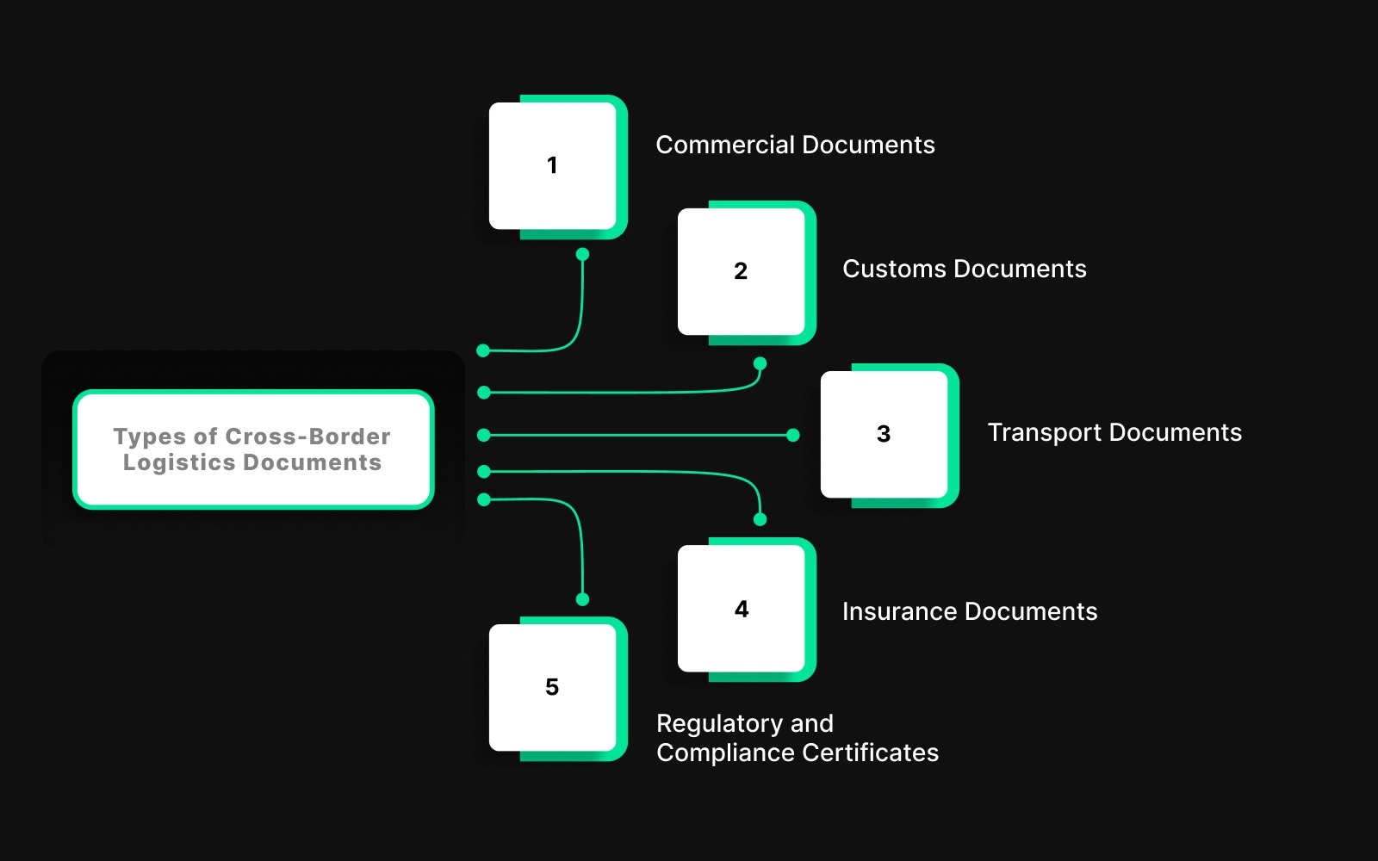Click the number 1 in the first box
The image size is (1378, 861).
(x=552, y=165)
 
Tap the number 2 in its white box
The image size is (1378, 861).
(x=741, y=271)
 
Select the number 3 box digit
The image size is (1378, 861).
(x=884, y=434)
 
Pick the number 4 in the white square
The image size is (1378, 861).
(x=742, y=610)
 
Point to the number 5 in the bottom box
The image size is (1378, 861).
(x=552, y=687)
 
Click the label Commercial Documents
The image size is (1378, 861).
(x=795, y=145)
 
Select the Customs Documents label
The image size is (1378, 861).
(x=964, y=269)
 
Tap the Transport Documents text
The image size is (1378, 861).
(x=1114, y=432)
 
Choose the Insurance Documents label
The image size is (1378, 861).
(x=970, y=611)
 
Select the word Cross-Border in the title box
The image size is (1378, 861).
(x=308, y=437)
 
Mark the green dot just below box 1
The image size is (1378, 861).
(x=582, y=254)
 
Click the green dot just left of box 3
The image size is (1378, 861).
(x=793, y=436)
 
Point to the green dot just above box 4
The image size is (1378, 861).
(x=760, y=519)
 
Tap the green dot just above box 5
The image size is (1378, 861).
(x=582, y=599)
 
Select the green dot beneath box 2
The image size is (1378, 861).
(x=760, y=363)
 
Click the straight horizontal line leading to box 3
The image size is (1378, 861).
(x=637, y=436)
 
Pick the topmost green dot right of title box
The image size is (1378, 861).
(x=483, y=350)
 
